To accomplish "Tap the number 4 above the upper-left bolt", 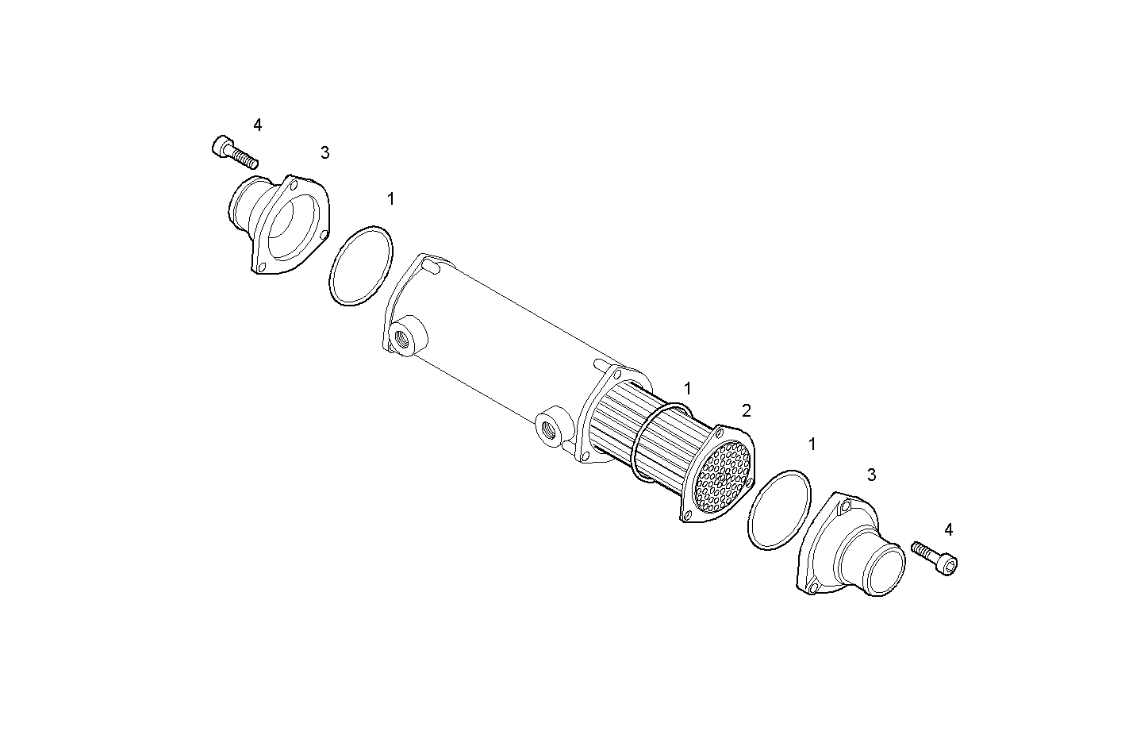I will pos(257,125).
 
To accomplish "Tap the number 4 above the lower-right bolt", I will pos(949,529).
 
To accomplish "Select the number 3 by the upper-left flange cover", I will pos(324,152).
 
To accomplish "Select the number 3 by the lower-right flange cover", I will pos(871,475).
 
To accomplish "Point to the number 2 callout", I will pos(746,410).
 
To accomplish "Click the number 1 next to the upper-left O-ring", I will pos(390,198).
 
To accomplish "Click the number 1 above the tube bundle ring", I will pos(688,388).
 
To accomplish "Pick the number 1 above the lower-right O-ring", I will pos(812,444).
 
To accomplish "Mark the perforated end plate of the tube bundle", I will pos(722,475).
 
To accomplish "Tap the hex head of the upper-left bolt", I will pos(221,147).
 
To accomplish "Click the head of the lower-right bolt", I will pos(949,564).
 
